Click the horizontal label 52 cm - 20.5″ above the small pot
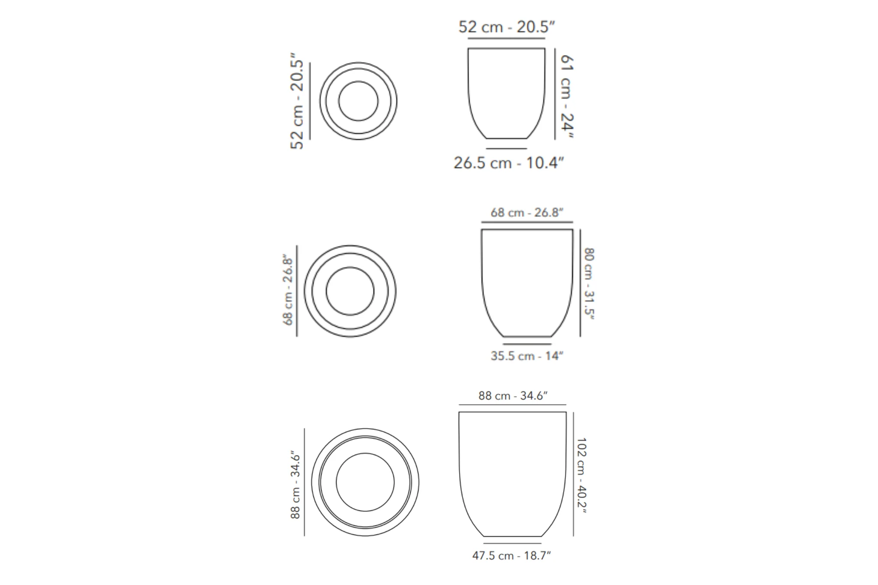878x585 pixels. [x=507, y=27]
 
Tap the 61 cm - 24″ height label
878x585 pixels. [x=567, y=96]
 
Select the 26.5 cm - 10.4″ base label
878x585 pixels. [x=509, y=163]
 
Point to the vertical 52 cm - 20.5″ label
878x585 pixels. [x=297, y=101]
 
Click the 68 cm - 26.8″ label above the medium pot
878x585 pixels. [x=527, y=213]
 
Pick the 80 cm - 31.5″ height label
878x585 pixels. [x=589, y=284]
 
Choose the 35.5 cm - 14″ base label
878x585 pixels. [x=527, y=356]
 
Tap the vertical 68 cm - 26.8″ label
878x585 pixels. [x=288, y=290]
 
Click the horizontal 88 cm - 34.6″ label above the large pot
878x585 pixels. [x=513, y=396]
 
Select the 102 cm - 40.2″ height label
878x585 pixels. [x=581, y=475]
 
